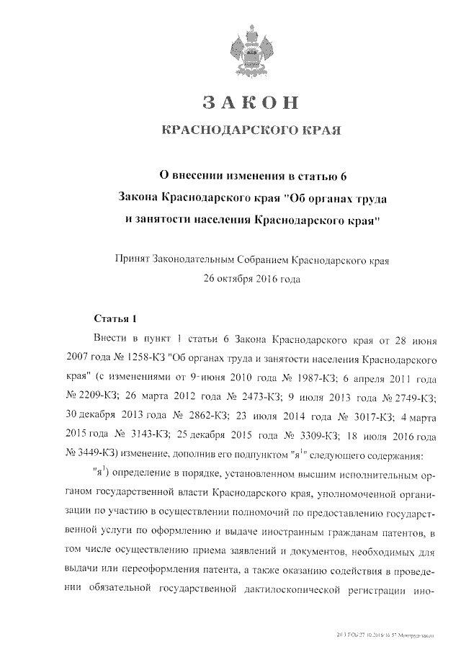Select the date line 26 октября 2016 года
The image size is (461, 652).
tap(249, 277)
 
